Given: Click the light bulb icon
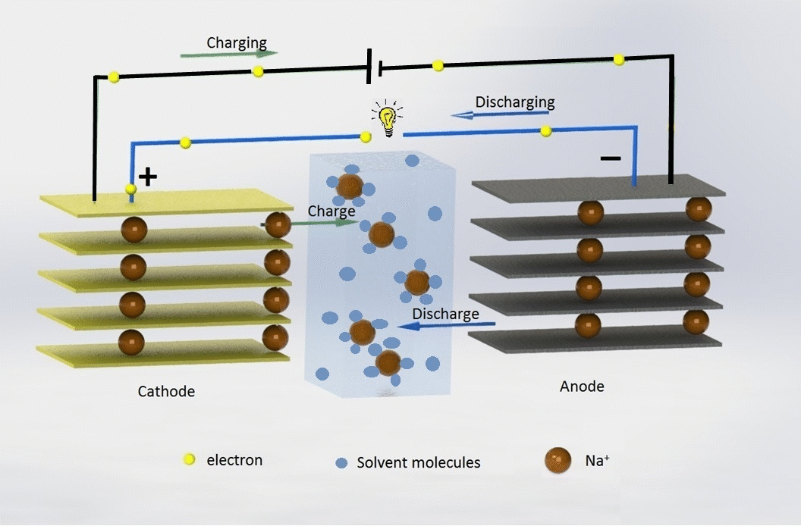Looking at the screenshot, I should pyautogui.click(x=387, y=120).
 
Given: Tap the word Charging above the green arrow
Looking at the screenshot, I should pyautogui.click(x=237, y=43).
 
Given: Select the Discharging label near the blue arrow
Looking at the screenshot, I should pyautogui.click(x=515, y=102).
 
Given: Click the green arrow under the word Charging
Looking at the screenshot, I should pyautogui.click(x=229, y=55).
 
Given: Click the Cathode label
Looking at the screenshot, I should pyautogui.click(x=166, y=392).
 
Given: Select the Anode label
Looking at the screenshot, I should pyautogui.click(x=582, y=387).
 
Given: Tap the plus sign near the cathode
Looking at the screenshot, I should pyautogui.click(x=148, y=177).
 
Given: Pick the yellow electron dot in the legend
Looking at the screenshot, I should pyautogui.click(x=190, y=459).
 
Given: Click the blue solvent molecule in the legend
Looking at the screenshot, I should pyautogui.click(x=341, y=462).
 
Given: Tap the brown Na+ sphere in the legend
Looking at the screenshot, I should pyautogui.click(x=558, y=460).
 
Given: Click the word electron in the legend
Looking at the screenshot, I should pyautogui.click(x=234, y=460).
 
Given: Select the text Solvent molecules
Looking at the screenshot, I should pyautogui.click(x=419, y=462).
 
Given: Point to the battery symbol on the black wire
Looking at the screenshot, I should pyautogui.click(x=373, y=65).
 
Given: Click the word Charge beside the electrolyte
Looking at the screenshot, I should pyautogui.click(x=331, y=211).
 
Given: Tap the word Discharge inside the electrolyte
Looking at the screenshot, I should pyautogui.click(x=445, y=314).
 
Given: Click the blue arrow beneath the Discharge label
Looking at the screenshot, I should pyautogui.click(x=447, y=326).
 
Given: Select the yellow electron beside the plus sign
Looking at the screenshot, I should pyautogui.click(x=130, y=189).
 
